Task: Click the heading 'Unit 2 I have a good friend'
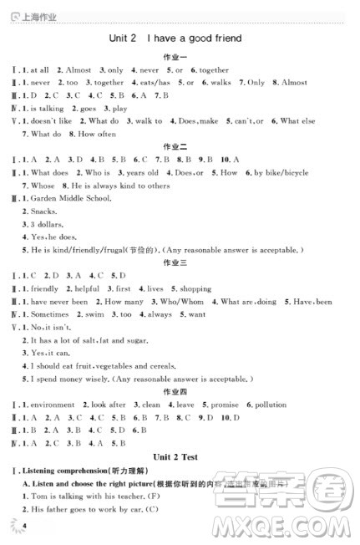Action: pos(175,38)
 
